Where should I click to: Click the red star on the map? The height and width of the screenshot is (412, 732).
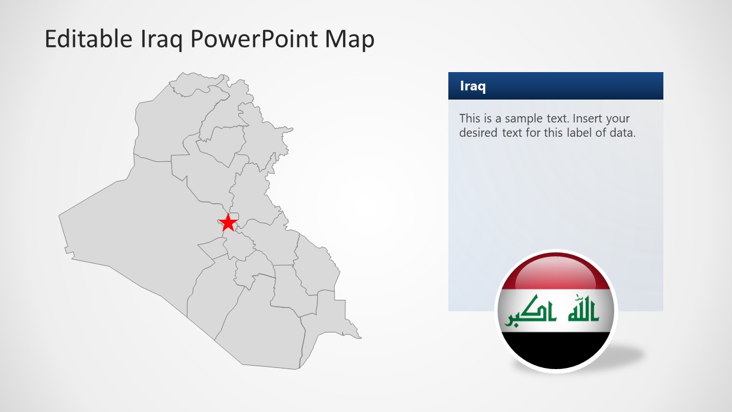tap(228, 223)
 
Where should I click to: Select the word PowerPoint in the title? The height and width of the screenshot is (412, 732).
tap(254, 39)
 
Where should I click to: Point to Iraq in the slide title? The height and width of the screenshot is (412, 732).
tap(154, 39)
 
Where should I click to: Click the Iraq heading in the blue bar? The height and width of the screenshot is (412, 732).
tap(473, 86)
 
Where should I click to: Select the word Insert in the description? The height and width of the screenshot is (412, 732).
tap(588, 119)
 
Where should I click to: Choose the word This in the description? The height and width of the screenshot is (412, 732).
tap(470, 119)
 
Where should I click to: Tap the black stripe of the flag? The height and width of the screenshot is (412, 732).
tap(555, 350)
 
